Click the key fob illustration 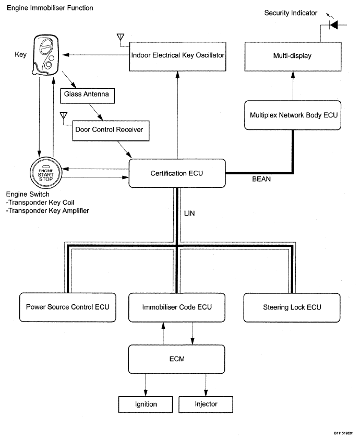tap(45, 55)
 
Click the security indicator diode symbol tap(333, 25)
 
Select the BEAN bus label tap(261, 179)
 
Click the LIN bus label tap(189, 213)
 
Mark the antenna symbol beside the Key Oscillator tap(121, 38)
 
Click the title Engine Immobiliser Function tap(50, 8)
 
